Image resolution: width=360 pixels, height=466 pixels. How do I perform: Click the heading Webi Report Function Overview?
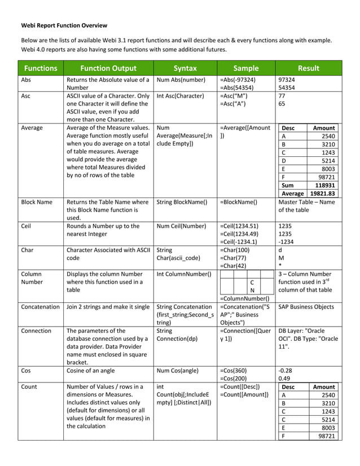pyautogui.click(x=64, y=25)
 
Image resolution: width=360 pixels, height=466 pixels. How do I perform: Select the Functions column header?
pyautogui.click(x=40, y=68)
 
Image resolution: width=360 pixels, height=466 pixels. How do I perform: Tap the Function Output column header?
pyautogui.click(x=108, y=68)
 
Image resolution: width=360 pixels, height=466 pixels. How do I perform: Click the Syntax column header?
pyautogui.click(x=185, y=68)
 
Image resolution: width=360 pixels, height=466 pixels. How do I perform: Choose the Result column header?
pyautogui.click(x=308, y=68)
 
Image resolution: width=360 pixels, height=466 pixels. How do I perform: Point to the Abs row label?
pyautogui.click(x=26, y=80)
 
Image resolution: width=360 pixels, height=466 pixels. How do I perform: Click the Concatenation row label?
pyautogui.click(x=40, y=307)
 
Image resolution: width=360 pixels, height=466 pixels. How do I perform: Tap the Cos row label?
pyautogui.click(x=26, y=370)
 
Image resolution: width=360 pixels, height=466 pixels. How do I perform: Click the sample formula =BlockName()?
pyautogui.click(x=239, y=201)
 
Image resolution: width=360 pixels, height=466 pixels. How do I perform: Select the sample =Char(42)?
pyautogui.click(x=234, y=266)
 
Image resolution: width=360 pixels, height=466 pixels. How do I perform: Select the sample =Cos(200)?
pyautogui.click(x=235, y=378)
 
